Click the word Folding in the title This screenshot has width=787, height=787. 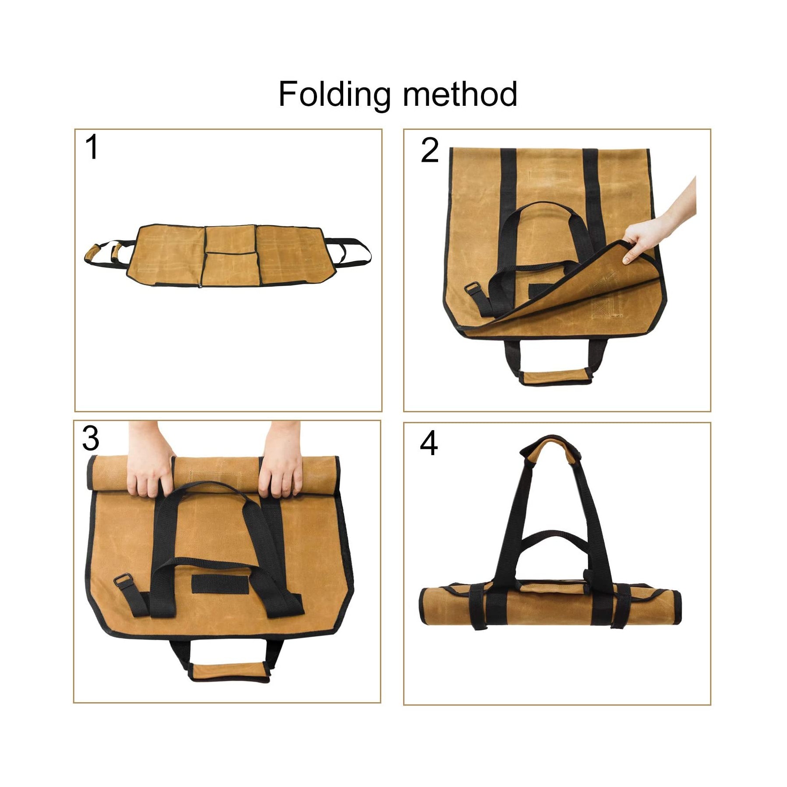tap(334, 94)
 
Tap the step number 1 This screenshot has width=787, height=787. tap(92, 147)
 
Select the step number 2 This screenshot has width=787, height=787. tap(429, 150)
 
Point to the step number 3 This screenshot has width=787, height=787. tap(91, 439)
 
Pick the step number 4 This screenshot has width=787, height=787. tap(428, 443)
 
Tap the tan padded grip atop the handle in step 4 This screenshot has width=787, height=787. tap(553, 447)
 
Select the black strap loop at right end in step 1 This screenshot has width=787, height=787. tap(354, 253)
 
